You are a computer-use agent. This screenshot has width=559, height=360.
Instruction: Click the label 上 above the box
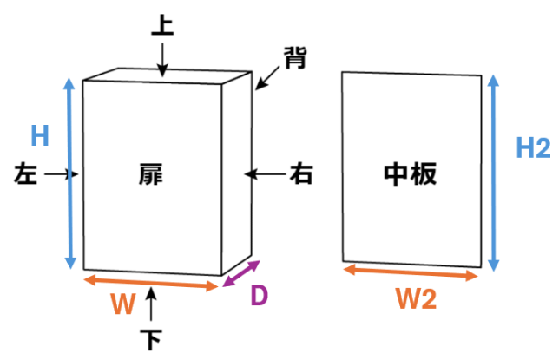(x=162, y=23)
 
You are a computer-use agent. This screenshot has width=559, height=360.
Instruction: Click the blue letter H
(x=40, y=136)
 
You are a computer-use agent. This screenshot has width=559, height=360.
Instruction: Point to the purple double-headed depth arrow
(x=240, y=274)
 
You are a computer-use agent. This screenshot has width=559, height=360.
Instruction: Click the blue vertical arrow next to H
(x=71, y=173)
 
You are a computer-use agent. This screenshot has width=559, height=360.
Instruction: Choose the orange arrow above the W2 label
(x=411, y=272)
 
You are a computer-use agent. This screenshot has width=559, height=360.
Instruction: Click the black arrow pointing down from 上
(x=162, y=59)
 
